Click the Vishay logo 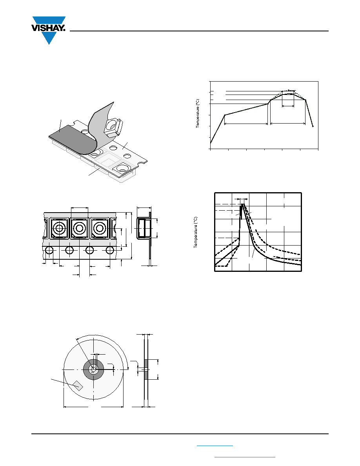[48, 30]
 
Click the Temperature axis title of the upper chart [198, 114]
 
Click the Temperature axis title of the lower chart [195, 232]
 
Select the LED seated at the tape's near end [122, 169]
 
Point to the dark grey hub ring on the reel [93, 370]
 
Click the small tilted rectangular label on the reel [78, 386]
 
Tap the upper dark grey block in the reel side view [146, 364]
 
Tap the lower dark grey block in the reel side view [146, 375]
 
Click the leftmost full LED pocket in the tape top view [59, 228]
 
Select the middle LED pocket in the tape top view [79, 228]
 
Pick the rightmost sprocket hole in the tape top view [110, 250]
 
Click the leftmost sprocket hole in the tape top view [49, 250]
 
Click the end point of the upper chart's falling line [313, 126]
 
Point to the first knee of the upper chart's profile [225, 115]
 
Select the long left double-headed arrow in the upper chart [246, 124]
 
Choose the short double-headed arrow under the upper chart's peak [288, 106]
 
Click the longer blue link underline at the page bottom [245, 457]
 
